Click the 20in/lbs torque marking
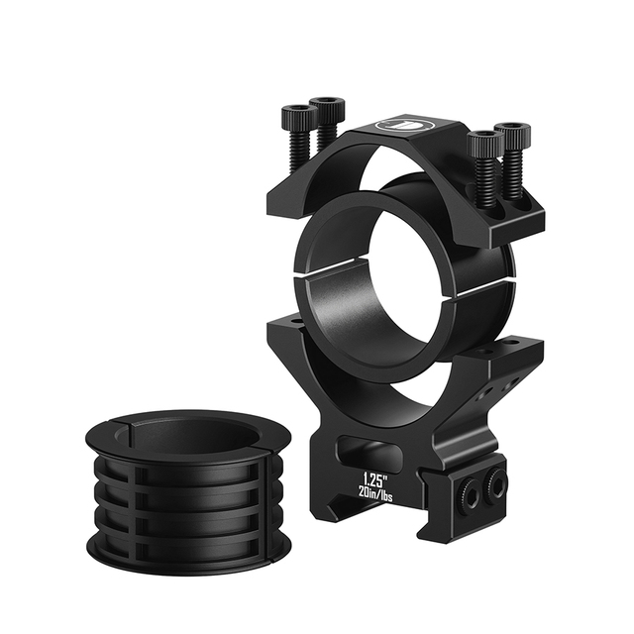point(375,493)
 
